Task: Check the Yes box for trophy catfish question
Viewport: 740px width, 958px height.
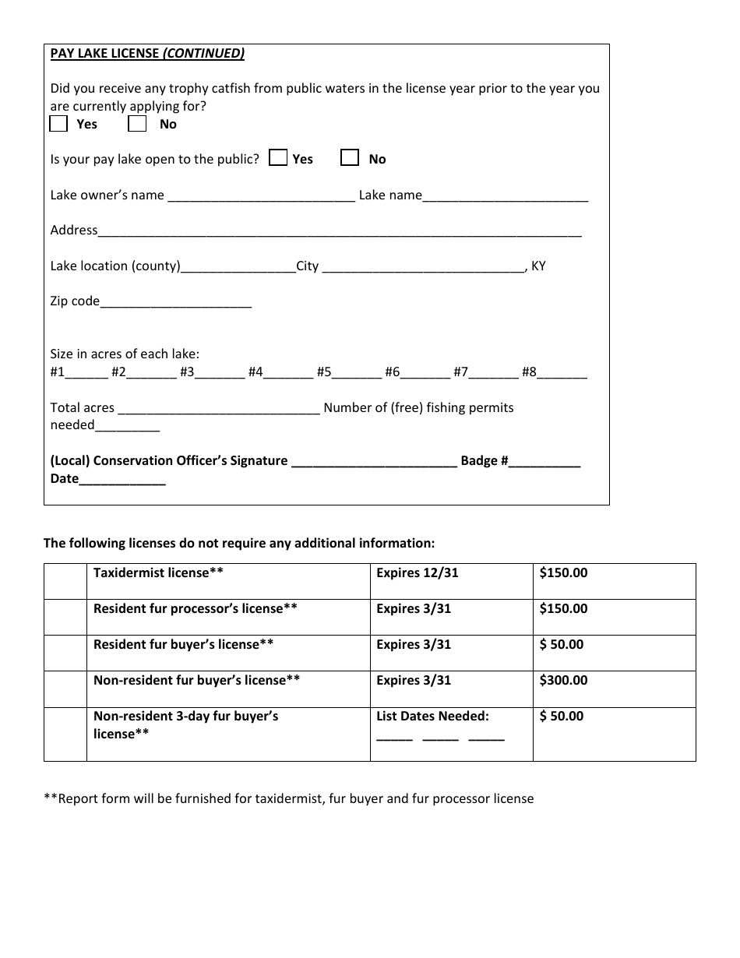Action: (x=58, y=124)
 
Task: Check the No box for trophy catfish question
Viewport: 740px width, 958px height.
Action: (x=137, y=124)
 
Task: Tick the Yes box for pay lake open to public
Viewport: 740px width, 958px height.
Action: (x=277, y=158)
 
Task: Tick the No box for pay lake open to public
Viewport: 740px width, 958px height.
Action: (x=350, y=158)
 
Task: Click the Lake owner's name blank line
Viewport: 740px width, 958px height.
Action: (x=261, y=196)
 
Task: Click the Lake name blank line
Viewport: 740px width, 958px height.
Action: (x=505, y=196)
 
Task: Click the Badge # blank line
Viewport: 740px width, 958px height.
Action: (x=544, y=462)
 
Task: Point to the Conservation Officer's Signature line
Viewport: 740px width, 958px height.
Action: (x=373, y=462)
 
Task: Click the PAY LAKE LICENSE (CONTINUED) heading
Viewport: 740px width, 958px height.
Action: (x=147, y=54)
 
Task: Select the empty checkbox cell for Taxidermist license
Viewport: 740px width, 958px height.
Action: (x=65, y=581)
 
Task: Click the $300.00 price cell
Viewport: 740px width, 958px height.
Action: (x=563, y=680)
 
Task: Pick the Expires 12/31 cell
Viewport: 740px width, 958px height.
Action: (x=418, y=572)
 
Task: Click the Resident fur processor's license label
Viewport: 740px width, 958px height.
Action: (x=195, y=608)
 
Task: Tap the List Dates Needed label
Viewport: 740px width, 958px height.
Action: (x=432, y=716)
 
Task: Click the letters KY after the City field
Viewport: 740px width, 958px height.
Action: (x=538, y=266)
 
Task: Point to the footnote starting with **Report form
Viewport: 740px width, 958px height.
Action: (x=289, y=798)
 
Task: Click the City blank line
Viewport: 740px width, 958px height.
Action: (x=423, y=267)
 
